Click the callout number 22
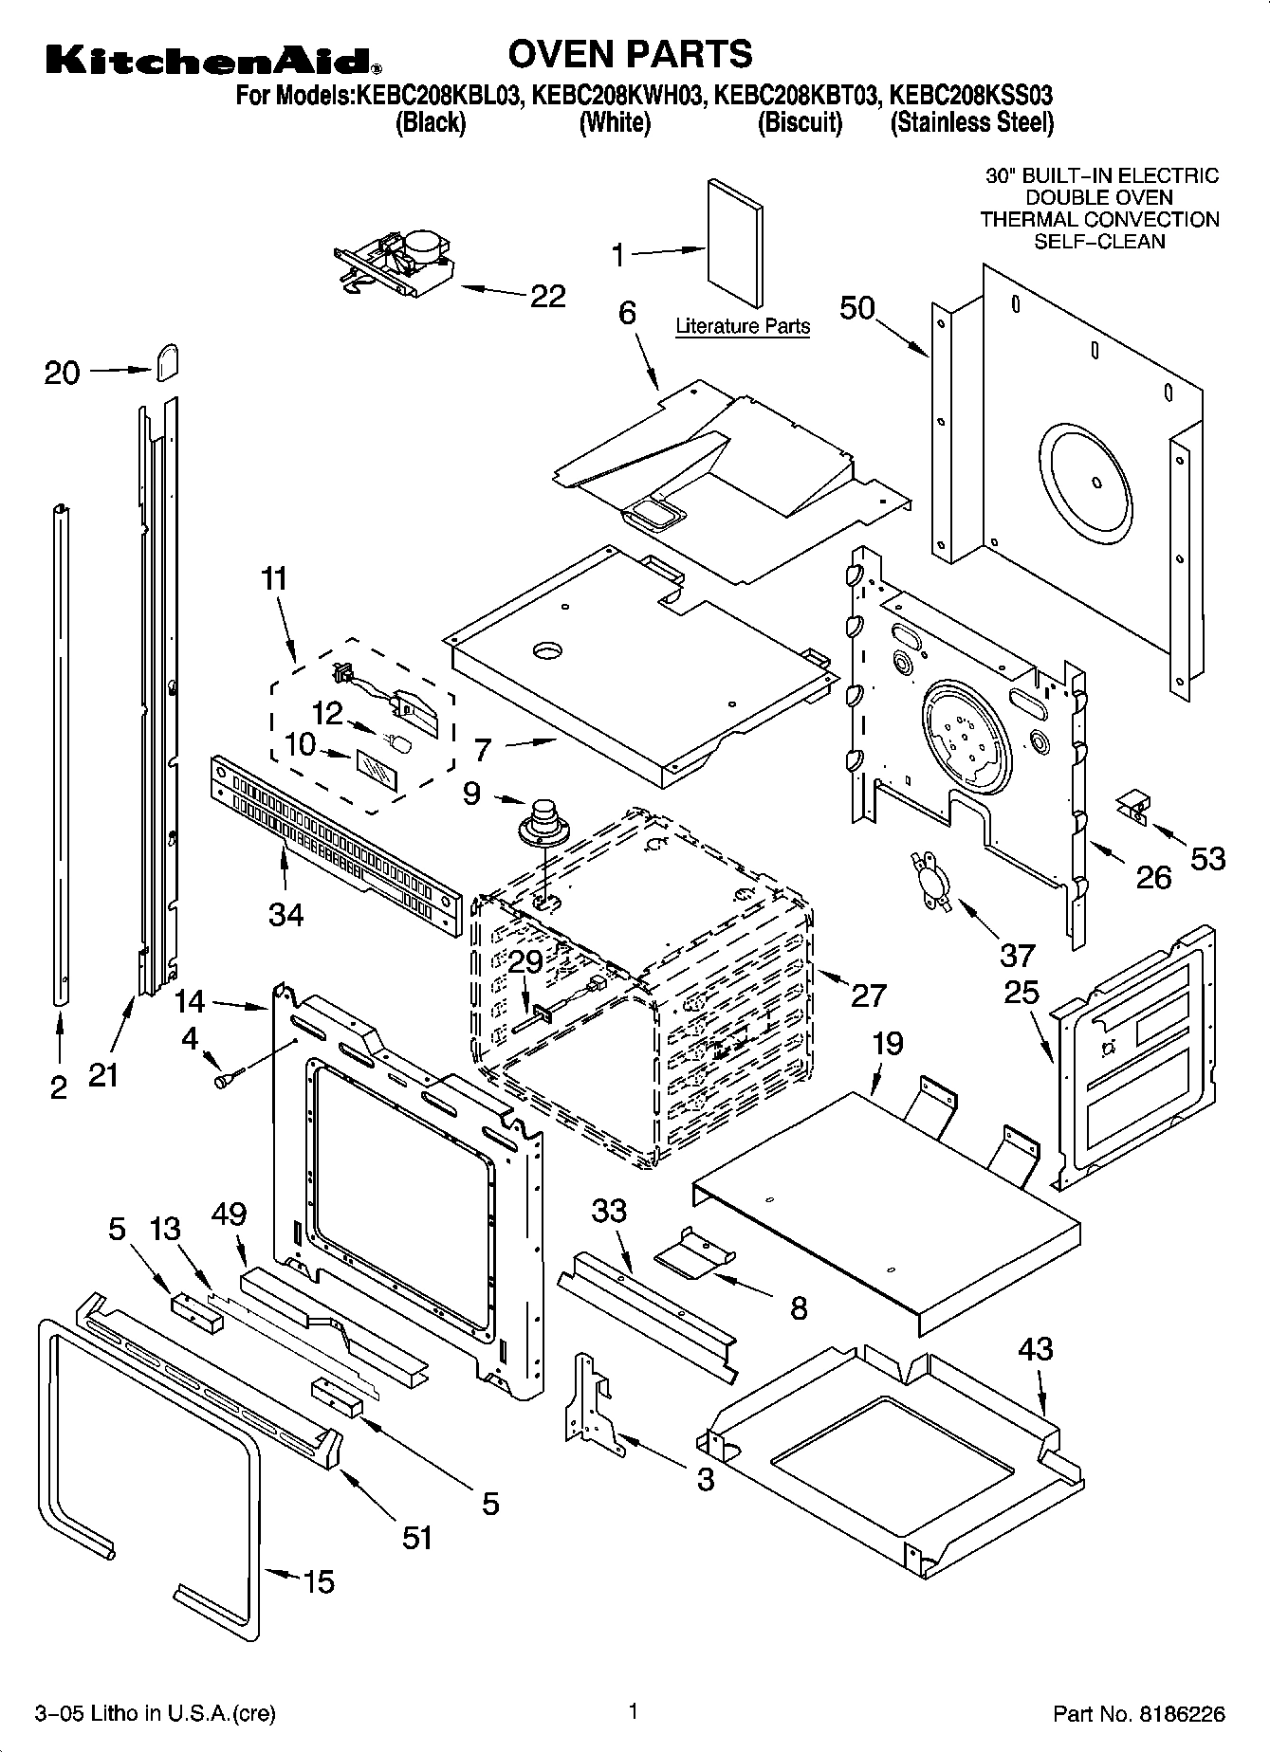coord(547,296)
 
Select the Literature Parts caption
coord(742,326)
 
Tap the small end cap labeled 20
coord(167,361)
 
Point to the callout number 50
coord(857,308)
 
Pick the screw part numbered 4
coord(228,1078)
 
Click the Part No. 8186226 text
coord(1139,1713)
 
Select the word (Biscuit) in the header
coord(800,123)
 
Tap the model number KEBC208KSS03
coord(971,96)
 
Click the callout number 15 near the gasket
coord(319,1581)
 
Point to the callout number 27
coord(868,995)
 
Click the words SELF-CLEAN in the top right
coord(1098,242)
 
